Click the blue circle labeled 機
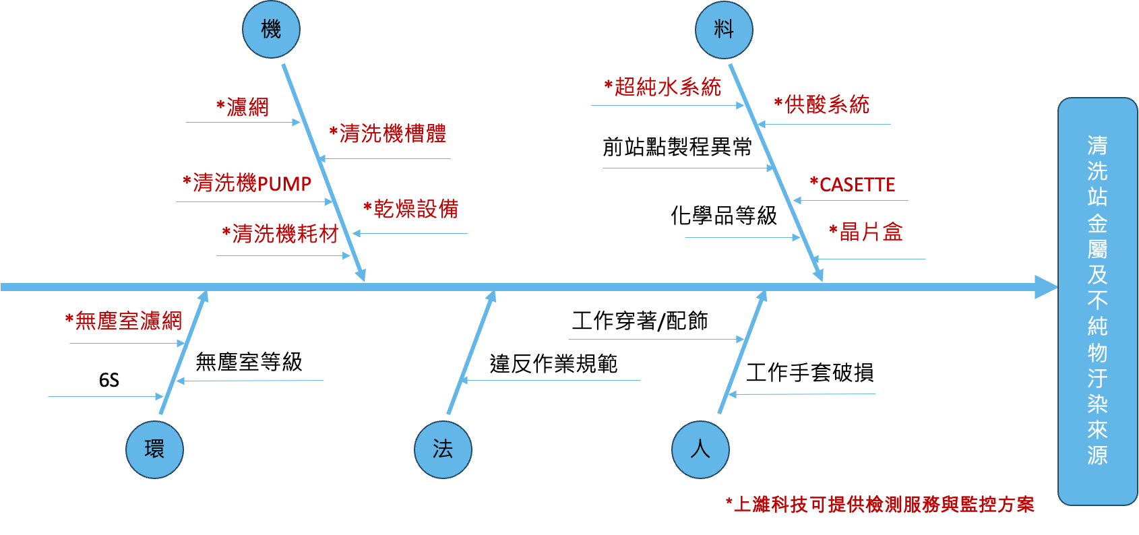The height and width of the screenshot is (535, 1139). point(271,30)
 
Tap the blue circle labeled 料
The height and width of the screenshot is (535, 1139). point(724,30)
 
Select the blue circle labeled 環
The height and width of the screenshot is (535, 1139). point(154,449)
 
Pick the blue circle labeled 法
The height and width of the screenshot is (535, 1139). point(443,449)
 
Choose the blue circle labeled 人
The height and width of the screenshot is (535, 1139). point(700,449)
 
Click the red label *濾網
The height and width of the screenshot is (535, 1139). point(243,106)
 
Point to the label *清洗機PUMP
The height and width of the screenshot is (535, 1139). point(247,183)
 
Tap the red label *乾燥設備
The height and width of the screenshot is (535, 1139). point(411,208)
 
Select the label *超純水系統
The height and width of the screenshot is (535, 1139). point(663,87)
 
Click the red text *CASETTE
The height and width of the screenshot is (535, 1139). point(852,185)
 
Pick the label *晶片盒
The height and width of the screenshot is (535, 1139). point(865,232)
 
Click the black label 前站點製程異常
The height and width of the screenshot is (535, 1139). point(677,147)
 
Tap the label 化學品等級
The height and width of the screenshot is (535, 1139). point(724,216)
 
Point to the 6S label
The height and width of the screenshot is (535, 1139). point(109,380)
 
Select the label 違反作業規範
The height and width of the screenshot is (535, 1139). point(553,364)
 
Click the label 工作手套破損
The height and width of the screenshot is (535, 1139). point(809,372)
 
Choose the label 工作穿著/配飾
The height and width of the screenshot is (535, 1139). point(640,321)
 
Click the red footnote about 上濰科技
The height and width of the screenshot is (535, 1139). point(880,505)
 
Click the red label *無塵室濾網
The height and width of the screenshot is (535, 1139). point(123,321)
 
